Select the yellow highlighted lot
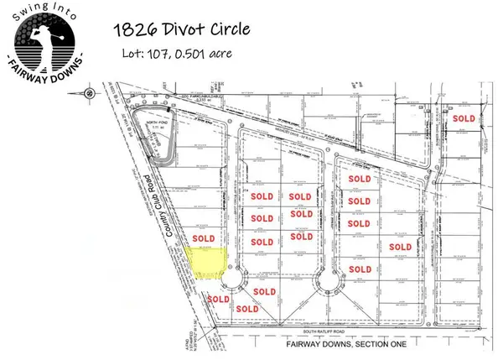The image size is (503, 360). [x=207, y=263]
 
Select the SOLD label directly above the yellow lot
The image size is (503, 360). [x=203, y=238]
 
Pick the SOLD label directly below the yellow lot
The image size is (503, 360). [x=219, y=299]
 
